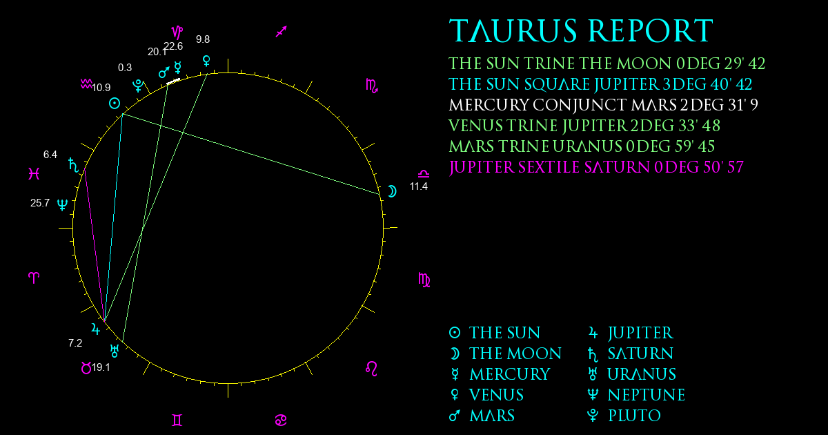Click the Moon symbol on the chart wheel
[x=392, y=191]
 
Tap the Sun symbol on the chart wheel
[x=115, y=103]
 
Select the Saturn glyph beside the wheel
[x=74, y=165]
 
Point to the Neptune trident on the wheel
[x=63, y=204]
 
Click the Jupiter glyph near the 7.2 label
[x=95, y=329]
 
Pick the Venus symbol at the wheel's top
[x=206, y=61]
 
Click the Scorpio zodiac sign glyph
[x=371, y=86]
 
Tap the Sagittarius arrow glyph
[x=282, y=32]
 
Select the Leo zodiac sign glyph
[x=371, y=369]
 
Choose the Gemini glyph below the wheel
[x=177, y=420]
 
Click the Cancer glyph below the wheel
[x=281, y=420]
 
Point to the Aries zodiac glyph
[x=34, y=278]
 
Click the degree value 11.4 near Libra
[x=418, y=186]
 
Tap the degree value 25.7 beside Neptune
[x=40, y=203]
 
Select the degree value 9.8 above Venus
[x=203, y=39]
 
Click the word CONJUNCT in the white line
[x=579, y=105]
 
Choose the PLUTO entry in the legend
[x=634, y=416]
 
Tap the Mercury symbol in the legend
[x=455, y=374]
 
